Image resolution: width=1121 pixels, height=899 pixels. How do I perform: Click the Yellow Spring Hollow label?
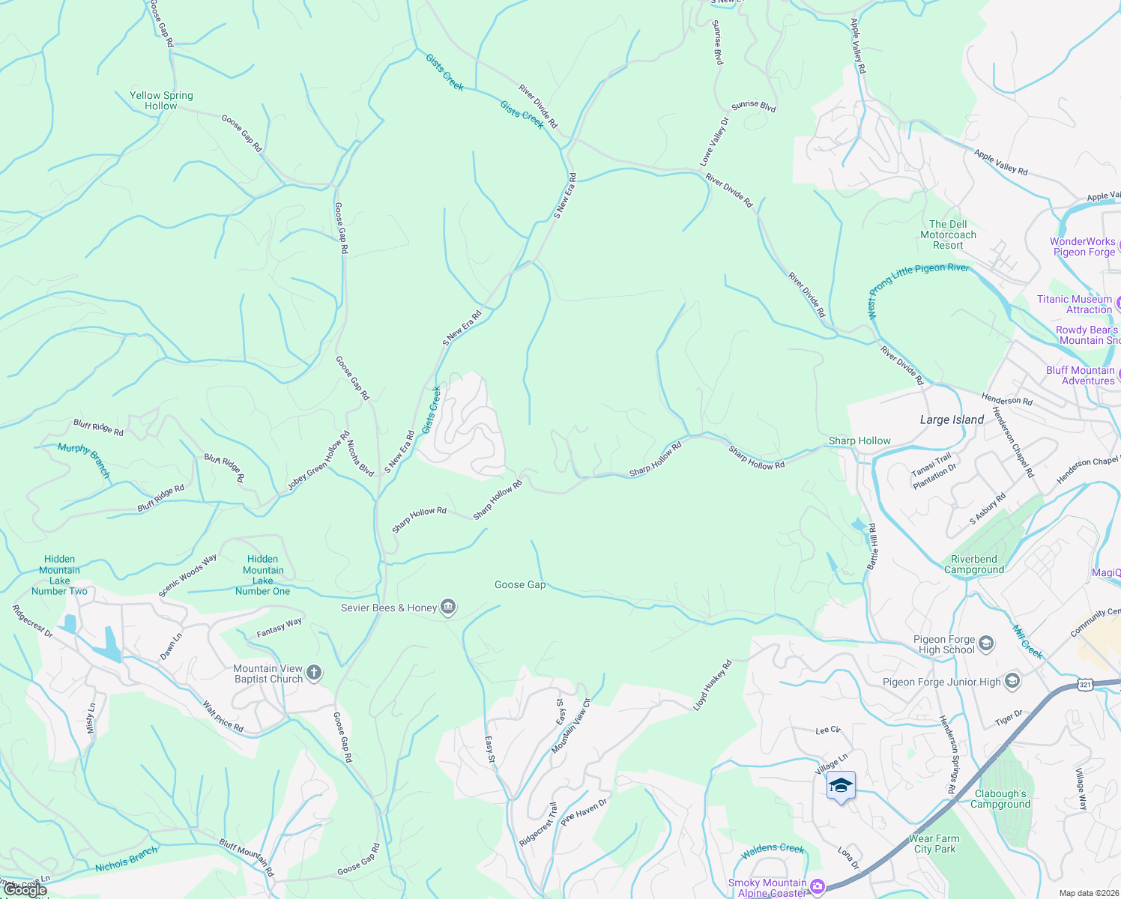161,100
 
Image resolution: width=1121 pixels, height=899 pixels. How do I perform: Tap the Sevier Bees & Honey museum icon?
448,608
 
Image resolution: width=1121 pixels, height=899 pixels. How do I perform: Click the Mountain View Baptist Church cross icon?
314,673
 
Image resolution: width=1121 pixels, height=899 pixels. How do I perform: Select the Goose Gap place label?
520,584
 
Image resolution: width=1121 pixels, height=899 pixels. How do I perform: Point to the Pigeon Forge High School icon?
986,643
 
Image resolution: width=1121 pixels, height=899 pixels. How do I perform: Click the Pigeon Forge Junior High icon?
1012,681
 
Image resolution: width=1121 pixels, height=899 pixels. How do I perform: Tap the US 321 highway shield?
1084,684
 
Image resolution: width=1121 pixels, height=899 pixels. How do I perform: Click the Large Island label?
952,420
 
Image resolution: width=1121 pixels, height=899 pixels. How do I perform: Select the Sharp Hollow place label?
859,441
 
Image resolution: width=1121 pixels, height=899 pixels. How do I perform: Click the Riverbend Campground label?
974,564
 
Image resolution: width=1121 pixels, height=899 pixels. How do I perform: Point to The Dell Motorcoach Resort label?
948,234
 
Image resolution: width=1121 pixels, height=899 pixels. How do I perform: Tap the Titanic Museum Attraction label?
1075,304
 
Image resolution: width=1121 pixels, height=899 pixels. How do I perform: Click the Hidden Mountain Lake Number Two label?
59,575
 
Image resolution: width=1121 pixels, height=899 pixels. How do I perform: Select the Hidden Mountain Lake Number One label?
262,575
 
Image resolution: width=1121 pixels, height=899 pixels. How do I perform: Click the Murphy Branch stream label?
84,460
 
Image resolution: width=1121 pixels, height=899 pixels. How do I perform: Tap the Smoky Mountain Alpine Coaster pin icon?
818,886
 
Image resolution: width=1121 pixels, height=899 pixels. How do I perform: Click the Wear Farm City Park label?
934,844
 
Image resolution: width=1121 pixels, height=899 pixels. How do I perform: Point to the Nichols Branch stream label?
127,859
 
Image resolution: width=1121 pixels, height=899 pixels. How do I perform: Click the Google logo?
25,889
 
